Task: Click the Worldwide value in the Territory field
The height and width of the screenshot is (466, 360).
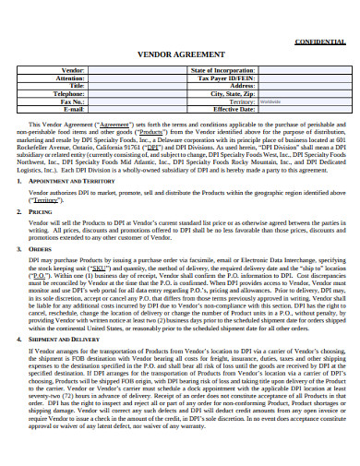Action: (x=270, y=102)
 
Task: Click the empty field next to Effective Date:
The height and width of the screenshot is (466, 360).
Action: (x=297, y=109)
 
